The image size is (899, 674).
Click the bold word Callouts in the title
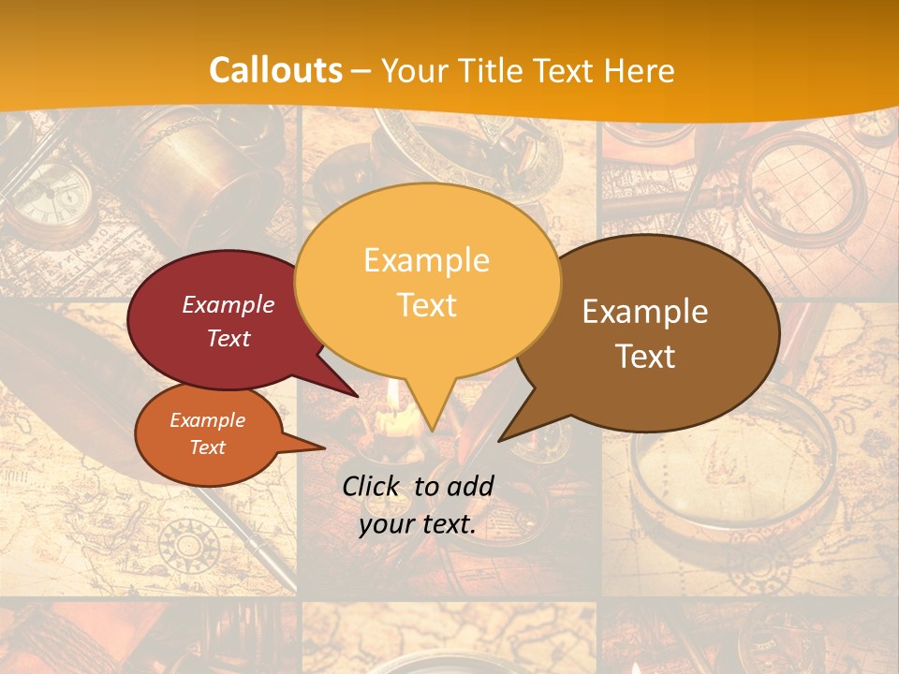pyautogui.click(x=275, y=70)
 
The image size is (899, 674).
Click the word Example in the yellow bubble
pyautogui.click(x=426, y=260)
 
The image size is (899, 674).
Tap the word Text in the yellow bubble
pyautogui.click(x=426, y=305)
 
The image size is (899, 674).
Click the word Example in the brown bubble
pyautogui.click(x=645, y=312)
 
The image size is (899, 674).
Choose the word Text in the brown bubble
pyautogui.click(x=645, y=357)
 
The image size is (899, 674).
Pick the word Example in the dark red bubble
pyautogui.click(x=228, y=304)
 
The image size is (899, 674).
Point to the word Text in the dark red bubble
pyautogui.click(x=228, y=338)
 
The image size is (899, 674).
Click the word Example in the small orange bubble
pyautogui.click(x=207, y=420)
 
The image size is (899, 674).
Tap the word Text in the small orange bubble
pyautogui.click(x=207, y=447)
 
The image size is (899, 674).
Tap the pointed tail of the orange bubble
pyautogui.click(x=309, y=446)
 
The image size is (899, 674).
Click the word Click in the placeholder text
pyautogui.click(x=373, y=486)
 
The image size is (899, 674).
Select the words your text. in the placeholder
pyautogui.click(x=417, y=525)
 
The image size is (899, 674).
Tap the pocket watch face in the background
pyautogui.click(x=52, y=197)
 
